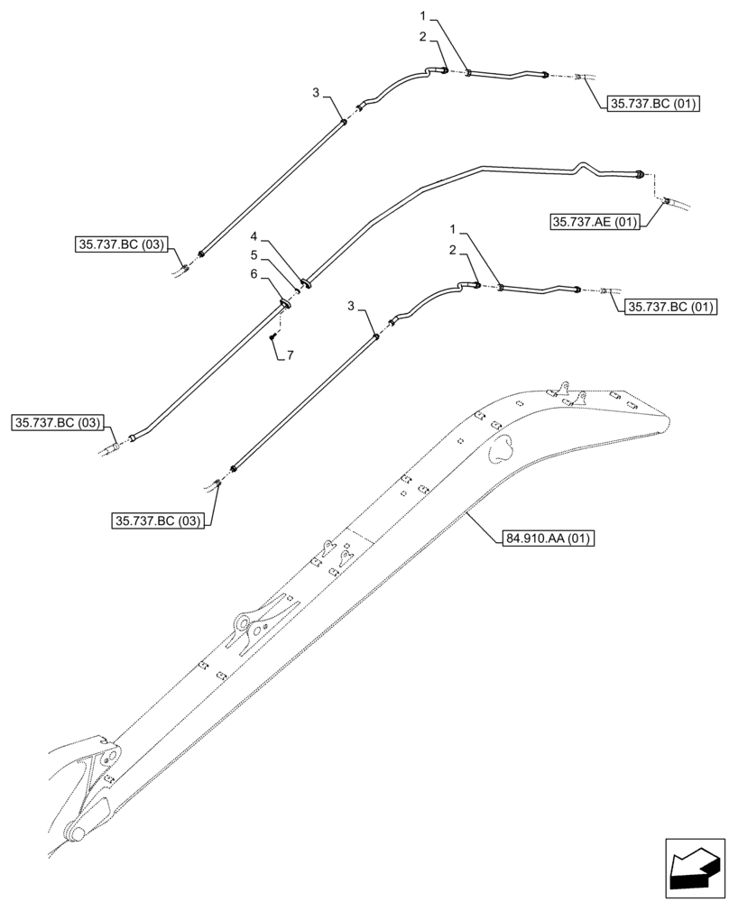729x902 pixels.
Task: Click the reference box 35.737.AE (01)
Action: pyautogui.click(x=594, y=222)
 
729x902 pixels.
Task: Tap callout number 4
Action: pyautogui.click(x=255, y=237)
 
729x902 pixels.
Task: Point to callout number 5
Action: pyautogui.click(x=255, y=255)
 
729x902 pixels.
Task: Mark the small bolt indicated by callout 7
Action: pyautogui.click(x=272, y=336)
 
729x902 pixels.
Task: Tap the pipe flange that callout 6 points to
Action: pyautogui.click(x=286, y=304)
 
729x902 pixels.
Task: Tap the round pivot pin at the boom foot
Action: pyautogui.click(x=78, y=834)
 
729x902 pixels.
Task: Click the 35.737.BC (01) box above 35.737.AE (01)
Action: pyautogui.click(x=649, y=104)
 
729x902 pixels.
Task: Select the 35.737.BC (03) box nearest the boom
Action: pyautogui.click(x=159, y=520)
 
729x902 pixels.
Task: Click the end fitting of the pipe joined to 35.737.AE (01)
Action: pyautogui.click(x=641, y=174)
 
